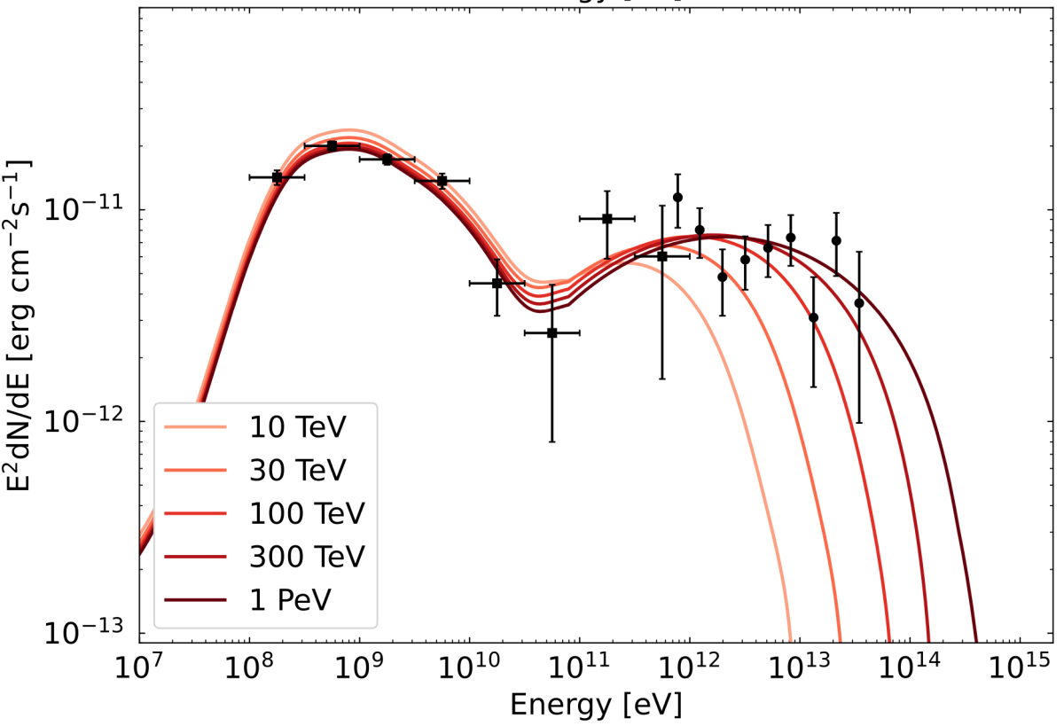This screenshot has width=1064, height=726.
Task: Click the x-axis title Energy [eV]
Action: [596, 706]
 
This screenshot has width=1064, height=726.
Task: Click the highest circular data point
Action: [677, 197]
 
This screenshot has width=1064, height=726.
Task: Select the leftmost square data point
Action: [277, 177]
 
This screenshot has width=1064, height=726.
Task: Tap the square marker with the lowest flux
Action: [552, 332]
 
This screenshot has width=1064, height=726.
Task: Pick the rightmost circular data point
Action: [858, 303]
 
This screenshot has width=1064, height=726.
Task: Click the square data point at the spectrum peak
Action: [332, 145]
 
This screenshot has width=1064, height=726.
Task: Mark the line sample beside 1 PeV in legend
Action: [194, 600]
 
